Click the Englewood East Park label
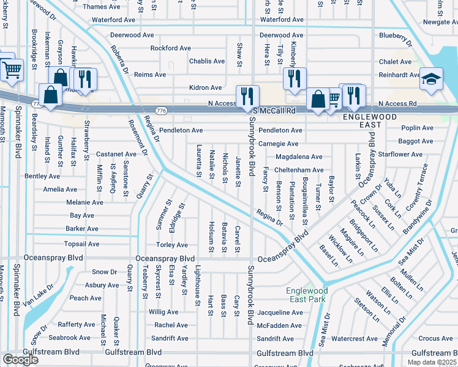[306, 295]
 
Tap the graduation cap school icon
[432, 80]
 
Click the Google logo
[20, 359]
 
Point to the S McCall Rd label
[274, 111]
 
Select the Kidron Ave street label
[205, 88]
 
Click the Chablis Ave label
[206, 61]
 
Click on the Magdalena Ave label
[298, 157]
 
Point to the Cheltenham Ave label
[299, 170]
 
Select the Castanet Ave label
[116, 154]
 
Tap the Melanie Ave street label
[84, 202]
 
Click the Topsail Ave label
[81, 243]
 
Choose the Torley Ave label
[172, 245]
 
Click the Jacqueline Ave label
[280, 311]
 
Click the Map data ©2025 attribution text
[432, 362]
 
